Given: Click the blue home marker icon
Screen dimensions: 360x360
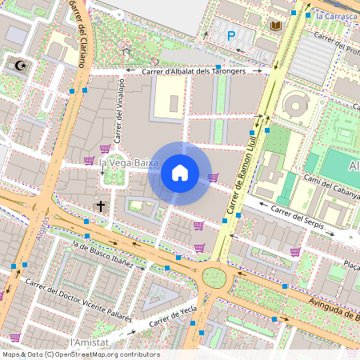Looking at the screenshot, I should coord(179,173).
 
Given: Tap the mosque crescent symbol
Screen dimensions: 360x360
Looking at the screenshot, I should coord(21,64).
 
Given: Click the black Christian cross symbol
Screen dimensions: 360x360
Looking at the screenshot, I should coord(101,206).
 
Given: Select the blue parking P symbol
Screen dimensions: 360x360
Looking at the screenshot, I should coord(231,35).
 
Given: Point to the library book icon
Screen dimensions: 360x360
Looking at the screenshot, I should coord(276,26).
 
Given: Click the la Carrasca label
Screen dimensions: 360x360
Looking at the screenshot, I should coord(334,15).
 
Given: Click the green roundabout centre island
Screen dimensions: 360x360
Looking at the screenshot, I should coord(214,278).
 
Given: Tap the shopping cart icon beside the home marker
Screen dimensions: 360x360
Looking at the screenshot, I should coord(213,178).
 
